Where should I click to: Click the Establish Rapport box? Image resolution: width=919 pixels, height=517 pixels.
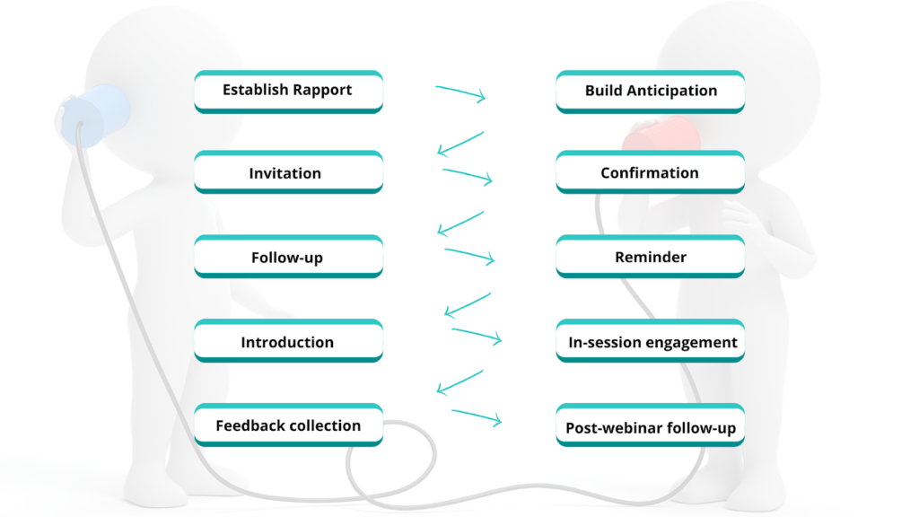(x=288, y=91)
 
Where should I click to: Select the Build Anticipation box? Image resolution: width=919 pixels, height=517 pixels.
(x=650, y=91)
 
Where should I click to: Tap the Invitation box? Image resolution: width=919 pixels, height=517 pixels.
(x=288, y=173)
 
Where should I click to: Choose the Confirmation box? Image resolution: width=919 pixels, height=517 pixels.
(x=650, y=173)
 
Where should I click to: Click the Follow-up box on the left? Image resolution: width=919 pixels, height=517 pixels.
(x=288, y=258)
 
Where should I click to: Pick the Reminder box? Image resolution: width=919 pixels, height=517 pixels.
(x=650, y=258)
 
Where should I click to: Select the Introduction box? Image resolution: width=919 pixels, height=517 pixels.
(x=288, y=342)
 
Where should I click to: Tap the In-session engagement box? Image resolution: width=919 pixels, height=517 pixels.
(x=650, y=342)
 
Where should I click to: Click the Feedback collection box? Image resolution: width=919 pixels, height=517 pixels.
(x=288, y=425)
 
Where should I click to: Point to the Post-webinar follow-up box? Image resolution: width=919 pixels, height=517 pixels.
(x=650, y=428)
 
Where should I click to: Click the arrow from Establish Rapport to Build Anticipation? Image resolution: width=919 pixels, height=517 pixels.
(x=460, y=93)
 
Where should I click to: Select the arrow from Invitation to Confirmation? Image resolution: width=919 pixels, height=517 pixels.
(x=468, y=175)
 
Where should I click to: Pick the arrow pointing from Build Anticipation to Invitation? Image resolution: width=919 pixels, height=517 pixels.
(x=460, y=144)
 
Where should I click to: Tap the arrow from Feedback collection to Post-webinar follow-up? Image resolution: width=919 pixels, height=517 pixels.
(x=476, y=417)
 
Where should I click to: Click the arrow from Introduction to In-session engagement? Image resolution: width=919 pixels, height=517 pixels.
(x=476, y=336)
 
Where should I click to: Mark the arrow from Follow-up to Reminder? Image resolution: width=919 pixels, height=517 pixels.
(x=469, y=256)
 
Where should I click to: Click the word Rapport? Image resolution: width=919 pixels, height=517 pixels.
(x=321, y=91)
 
